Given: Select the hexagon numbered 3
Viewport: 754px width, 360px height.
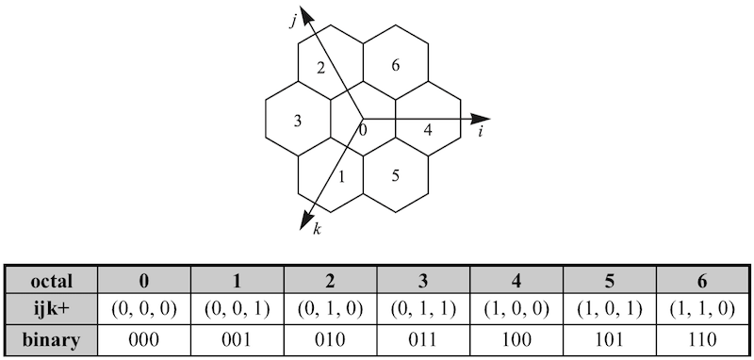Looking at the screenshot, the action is click(x=297, y=121).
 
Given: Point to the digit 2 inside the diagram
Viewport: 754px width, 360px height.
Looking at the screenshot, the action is click(x=321, y=67).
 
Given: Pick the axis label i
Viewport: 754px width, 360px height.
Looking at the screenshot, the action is click(x=481, y=133).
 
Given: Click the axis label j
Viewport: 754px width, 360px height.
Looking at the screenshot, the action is click(x=294, y=21).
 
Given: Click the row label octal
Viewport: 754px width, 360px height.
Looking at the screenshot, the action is click(x=52, y=280).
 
